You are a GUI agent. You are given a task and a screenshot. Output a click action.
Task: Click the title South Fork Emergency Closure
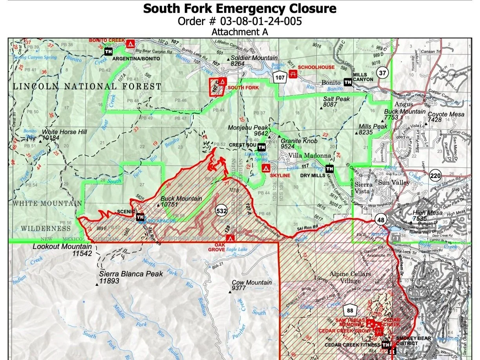(x=240, y=8)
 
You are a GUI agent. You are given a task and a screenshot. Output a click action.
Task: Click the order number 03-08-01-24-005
(x=240, y=21)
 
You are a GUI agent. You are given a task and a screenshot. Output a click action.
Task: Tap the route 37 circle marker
(x=382, y=73)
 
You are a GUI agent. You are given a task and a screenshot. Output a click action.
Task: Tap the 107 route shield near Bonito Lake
(x=280, y=78)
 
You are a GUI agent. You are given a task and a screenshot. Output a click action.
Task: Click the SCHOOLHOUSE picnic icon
(x=292, y=75)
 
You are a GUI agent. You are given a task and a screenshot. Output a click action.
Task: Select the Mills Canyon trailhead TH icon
(x=347, y=82)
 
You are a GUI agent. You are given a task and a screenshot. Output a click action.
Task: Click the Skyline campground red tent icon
(x=265, y=168)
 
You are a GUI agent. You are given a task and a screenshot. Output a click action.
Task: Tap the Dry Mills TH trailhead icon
(x=330, y=169)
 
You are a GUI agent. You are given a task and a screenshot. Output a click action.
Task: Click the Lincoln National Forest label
(x=87, y=86)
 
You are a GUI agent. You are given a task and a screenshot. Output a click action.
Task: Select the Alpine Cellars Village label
(x=350, y=277)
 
